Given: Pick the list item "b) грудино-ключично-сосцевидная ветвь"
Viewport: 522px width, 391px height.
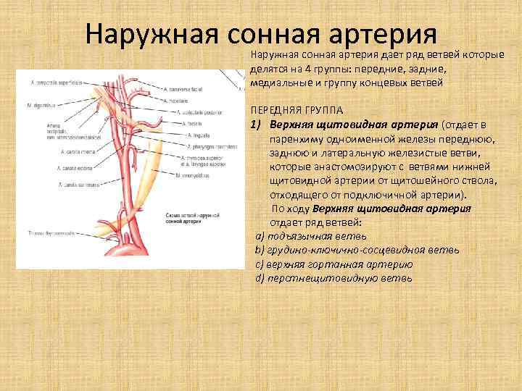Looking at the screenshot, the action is coord(356,250).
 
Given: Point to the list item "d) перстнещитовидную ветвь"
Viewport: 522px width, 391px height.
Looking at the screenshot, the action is coord(333,277).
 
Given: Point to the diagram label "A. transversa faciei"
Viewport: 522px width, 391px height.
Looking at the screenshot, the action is coord(184,90).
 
